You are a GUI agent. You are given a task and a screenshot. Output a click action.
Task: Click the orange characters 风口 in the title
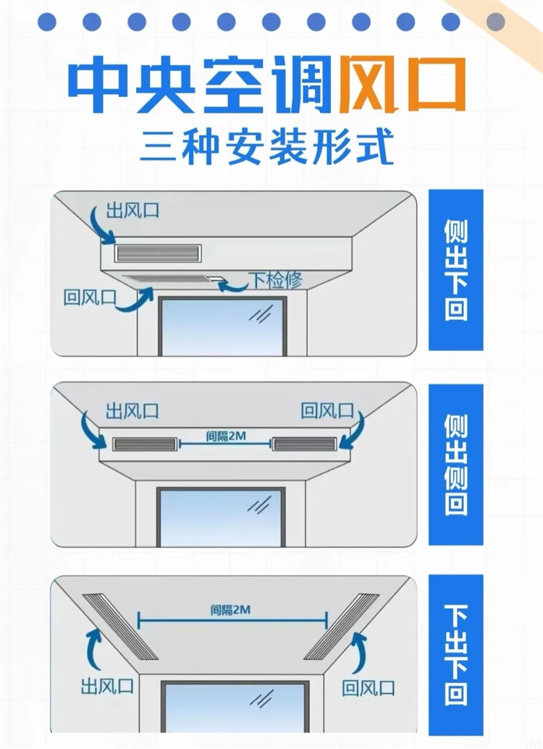[x=403, y=84]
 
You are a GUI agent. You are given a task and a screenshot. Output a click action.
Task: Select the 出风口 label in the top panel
[x=132, y=210]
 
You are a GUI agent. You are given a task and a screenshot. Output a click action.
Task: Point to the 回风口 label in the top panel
[x=90, y=297]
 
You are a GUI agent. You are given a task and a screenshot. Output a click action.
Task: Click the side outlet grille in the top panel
[x=158, y=253]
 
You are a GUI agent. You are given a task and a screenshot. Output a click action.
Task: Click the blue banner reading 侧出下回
[x=455, y=270]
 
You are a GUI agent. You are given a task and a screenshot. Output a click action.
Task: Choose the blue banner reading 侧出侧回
[x=455, y=465]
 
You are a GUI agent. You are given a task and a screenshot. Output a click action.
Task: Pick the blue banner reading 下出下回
[x=455, y=655]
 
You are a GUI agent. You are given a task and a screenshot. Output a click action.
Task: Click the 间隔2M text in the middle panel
[x=226, y=436]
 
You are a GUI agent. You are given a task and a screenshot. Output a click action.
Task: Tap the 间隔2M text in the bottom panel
[x=230, y=610]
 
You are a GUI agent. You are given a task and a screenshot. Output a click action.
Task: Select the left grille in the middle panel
[x=145, y=444]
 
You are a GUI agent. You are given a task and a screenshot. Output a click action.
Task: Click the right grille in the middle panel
[x=305, y=444]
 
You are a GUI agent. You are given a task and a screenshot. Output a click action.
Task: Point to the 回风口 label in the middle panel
[x=327, y=411]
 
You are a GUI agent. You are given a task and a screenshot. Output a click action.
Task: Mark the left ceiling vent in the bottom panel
[x=120, y=627]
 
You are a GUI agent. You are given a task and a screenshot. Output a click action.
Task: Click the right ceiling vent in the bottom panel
[x=342, y=627]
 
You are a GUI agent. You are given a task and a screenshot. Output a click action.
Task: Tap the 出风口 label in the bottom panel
[x=108, y=687]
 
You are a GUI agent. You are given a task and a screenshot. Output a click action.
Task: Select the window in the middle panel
[x=222, y=518]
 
